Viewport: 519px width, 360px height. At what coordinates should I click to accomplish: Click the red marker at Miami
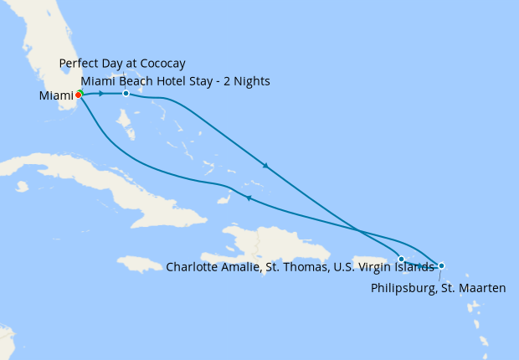click(79, 95)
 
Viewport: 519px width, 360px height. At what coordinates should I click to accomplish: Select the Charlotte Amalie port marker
click(402, 259)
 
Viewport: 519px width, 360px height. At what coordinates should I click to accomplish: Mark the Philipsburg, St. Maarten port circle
click(441, 265)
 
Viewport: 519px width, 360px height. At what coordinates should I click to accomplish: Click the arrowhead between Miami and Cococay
click(101, 93)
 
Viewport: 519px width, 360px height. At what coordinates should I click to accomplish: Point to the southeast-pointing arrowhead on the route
click(265, 166)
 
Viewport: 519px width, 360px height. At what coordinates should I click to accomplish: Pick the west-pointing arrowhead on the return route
click(249, 198)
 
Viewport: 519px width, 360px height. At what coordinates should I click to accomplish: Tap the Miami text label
click(55, 96)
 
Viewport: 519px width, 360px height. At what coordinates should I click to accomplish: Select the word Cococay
click(162, 64)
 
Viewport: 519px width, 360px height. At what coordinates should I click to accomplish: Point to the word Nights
click(253, 80)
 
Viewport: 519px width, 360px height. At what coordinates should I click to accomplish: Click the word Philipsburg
click(399, 288)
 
